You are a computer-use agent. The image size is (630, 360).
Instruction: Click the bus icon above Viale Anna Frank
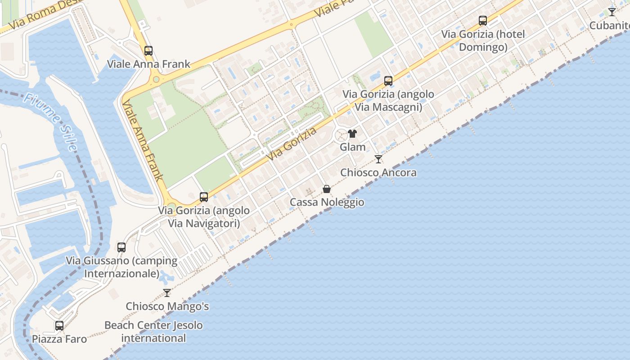[x=148, y=51]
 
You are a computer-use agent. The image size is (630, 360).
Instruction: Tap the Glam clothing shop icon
[x=352, y=134]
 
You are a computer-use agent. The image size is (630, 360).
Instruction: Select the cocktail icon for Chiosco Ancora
[x=378, y=159]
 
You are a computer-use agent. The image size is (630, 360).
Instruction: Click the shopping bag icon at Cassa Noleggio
[x=327, y=189]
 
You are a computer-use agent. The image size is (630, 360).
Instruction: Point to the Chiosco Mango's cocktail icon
[x=167, y=293]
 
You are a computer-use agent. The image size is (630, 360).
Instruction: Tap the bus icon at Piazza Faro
[x=59, y=326]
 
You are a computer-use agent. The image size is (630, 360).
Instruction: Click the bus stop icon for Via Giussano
[x=121, y=247]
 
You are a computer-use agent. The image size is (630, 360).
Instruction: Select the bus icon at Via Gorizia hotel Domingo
[x=483, y=21]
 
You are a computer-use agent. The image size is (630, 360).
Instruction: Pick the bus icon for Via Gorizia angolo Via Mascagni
[x=388, y=81]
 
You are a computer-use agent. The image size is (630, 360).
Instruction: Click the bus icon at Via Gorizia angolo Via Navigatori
[x=204, y=197]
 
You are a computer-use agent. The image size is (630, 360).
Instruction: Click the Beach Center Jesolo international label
[x=153, y=332]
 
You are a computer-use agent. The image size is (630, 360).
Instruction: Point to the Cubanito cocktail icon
[x=612, y=12]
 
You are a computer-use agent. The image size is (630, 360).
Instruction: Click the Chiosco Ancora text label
[x=378, y=172]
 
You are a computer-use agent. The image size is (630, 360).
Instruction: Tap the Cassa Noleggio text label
[x=327, y=202]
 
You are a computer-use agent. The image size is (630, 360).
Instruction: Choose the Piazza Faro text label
[x=59, y=339]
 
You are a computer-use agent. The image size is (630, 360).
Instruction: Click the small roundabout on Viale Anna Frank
[x=156, y=80]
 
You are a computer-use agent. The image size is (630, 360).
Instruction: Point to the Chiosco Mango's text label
[x=167, y=306]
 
